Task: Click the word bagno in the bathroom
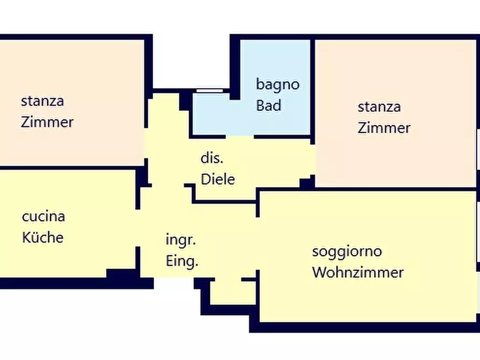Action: (277, 84)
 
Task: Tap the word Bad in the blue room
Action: (268, 105)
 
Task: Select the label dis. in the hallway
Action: (212, 159)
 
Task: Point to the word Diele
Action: (218, 179)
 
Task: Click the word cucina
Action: (44, 217)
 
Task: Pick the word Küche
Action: (43, 237)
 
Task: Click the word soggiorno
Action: (347, 251)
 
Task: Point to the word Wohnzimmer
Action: (357, 272)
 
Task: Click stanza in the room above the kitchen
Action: (42, 100)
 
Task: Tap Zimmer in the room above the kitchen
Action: (47, 122)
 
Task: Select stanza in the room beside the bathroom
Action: (379, 106)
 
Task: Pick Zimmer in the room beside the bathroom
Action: (384, 128)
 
